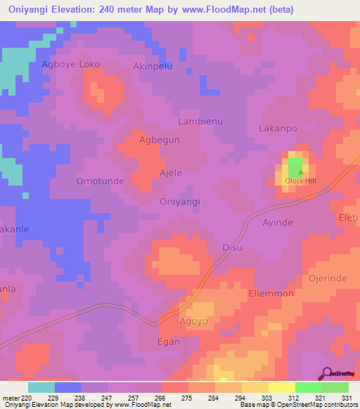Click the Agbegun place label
(x=160, y=140)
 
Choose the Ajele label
(x=171, y=172)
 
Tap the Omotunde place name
(x=100, y=181)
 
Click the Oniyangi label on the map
(x=180, y=202)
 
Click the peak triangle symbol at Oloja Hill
(x=300, y=171)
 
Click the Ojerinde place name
(x=328, y=278)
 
